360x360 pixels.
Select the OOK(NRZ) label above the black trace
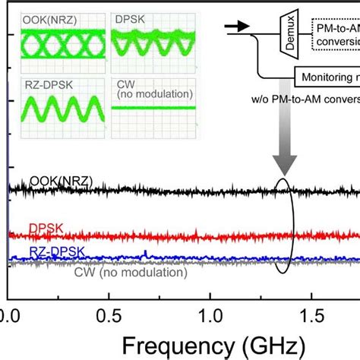[x=61, y=181]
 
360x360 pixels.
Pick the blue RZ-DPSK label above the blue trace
[x=56, y=251]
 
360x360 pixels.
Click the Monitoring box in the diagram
[x=327, y=77]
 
